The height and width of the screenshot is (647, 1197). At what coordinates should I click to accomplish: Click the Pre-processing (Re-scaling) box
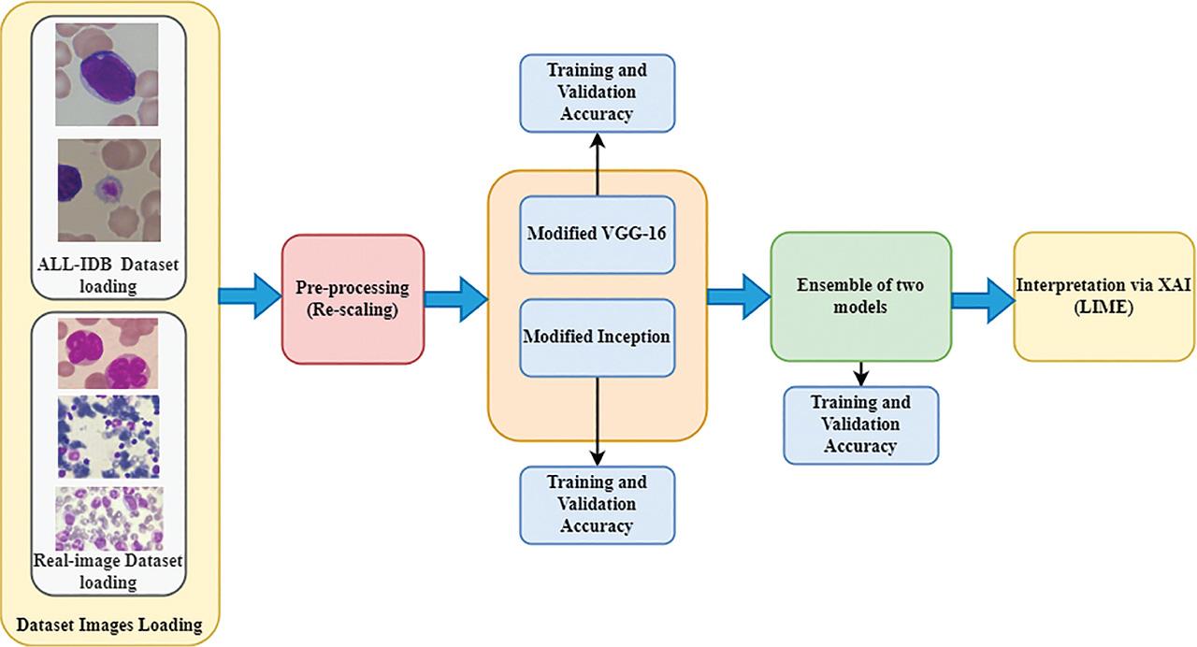(353, 297)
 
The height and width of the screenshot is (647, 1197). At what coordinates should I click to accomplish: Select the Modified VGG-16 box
(597, 235)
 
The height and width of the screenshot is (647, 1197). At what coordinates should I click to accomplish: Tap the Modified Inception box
(597, 337)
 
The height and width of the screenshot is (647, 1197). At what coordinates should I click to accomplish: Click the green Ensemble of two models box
(860, 296)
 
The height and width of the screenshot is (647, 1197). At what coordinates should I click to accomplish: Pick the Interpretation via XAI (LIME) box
(1103, 298)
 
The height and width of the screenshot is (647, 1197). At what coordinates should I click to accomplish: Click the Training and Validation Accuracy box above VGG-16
(597, 92)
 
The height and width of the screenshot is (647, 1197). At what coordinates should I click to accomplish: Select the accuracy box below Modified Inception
(597, 504)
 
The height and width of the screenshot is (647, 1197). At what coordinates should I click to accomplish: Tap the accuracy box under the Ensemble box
(860, 424)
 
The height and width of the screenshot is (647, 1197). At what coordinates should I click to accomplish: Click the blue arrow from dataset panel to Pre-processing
(250, 296)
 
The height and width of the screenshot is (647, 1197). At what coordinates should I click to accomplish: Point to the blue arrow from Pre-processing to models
(455, 297)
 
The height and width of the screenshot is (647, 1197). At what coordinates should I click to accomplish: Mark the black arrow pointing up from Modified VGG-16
(597, 164)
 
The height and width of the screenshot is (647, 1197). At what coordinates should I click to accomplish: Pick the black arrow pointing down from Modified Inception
(597, 421)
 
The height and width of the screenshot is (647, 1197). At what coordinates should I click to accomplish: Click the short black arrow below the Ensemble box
(860, 372)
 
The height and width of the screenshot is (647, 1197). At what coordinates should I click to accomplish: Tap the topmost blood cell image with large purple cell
(107, 74)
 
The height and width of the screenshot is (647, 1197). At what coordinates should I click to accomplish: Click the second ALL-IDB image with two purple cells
(108, 191)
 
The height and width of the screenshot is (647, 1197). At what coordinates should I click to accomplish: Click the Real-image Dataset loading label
(108, 571)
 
